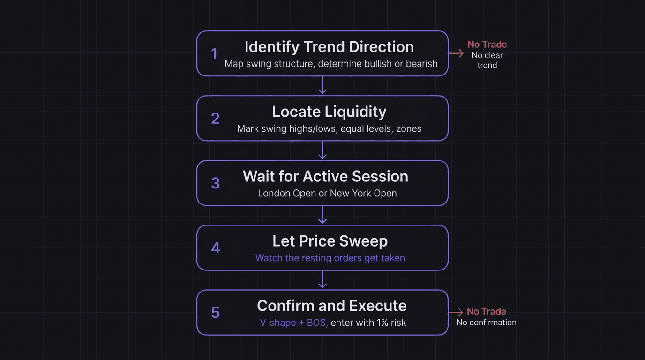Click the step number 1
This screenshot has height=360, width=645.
(x=214, y=54)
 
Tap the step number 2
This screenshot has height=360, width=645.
(x=215, y=119)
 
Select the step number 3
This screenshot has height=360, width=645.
(x=215, y=183)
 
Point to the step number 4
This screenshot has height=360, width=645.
(x=215, y=248)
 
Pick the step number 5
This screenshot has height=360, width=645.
(x=215, y=313)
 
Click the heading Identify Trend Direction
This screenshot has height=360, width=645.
(x=329, y=47)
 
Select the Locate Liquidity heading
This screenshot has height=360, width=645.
(x=329, y=112)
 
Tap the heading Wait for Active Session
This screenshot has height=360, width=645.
(x=325, y=176)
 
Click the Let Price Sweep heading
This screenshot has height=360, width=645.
(x=330, y=241)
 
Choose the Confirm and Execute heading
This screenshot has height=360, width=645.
(x=331, y=306)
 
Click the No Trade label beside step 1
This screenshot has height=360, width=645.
(x=487, y=45)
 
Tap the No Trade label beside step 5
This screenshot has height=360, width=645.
(x=486, y=312)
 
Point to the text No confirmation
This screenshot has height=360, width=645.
(x=486, y=322)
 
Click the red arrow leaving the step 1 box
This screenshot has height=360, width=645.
(x=456, y=54)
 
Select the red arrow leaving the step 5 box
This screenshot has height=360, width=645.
(x=456, y=312)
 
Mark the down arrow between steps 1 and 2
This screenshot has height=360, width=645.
(x=322, y=86)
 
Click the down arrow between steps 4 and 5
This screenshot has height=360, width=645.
(x=322, y=280)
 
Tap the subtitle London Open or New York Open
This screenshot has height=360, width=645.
(x=327, y=193)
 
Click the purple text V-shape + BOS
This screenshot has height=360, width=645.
(x=292, y=322)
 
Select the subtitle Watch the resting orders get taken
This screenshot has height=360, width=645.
(x=330, y=258)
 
